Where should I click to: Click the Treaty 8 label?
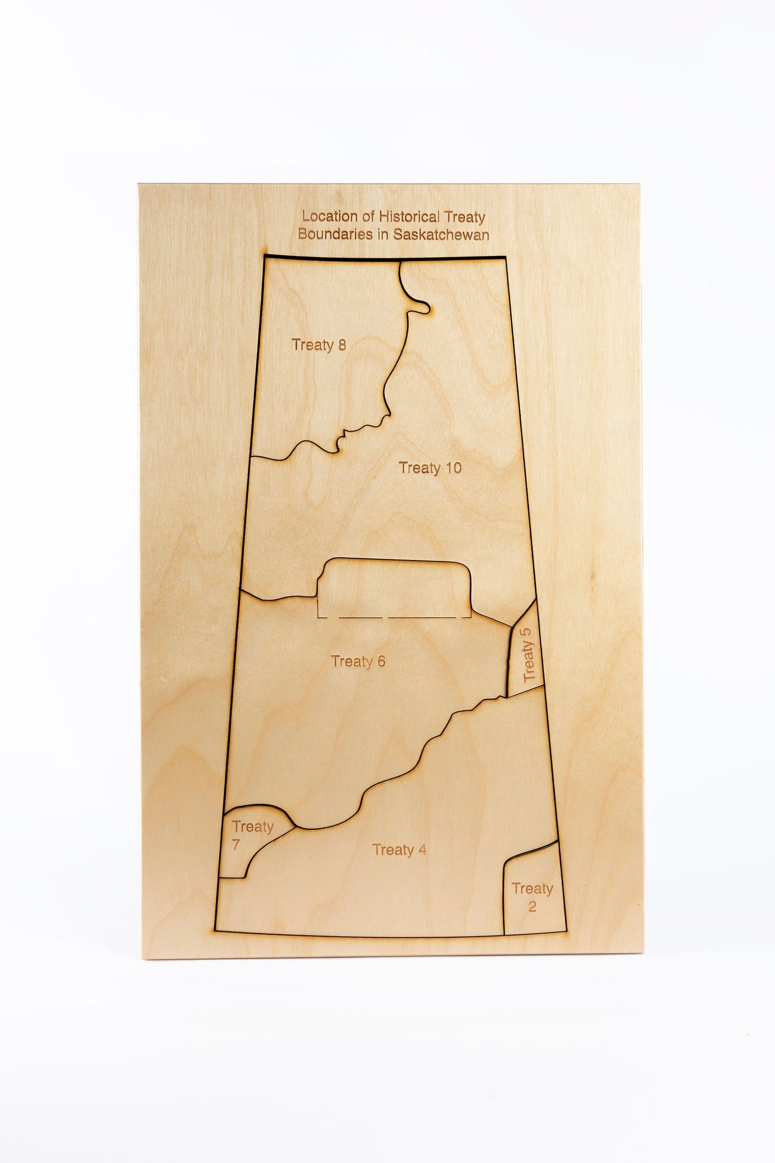click(318, 345)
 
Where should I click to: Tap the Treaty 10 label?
click(430, 468)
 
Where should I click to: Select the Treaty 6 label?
click(358, 661)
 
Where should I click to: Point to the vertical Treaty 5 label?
click(528, 654)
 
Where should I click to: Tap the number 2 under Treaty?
click(532, 906)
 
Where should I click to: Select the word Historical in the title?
click(409, 216)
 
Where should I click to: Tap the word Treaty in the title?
click(465, 217)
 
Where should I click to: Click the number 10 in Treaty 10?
click(453, 468)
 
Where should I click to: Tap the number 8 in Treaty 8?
click(341, 345)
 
